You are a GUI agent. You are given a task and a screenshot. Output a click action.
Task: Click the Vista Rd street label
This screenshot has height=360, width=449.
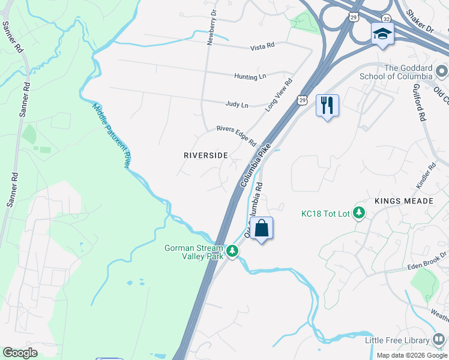tap(262, 45)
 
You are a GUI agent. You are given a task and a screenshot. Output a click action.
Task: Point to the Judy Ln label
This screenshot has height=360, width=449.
tap(237, 104)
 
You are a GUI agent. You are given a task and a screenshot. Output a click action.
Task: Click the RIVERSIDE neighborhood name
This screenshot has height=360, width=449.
tap(205, 155)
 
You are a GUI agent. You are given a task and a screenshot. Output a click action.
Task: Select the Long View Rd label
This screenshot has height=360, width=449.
tap(279, 94)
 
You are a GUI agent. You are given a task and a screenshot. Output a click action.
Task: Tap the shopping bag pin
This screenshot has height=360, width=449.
tap(262, 229)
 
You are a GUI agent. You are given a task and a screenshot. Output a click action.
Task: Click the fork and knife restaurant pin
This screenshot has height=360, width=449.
tap(327, 106)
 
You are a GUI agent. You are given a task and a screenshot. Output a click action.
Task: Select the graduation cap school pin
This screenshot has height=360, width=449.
tap(382, 34)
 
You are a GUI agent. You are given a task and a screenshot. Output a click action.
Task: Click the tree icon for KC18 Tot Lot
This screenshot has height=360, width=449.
tap(359, 213)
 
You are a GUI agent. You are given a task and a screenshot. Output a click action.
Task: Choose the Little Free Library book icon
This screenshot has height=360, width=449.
tap(439, 340)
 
